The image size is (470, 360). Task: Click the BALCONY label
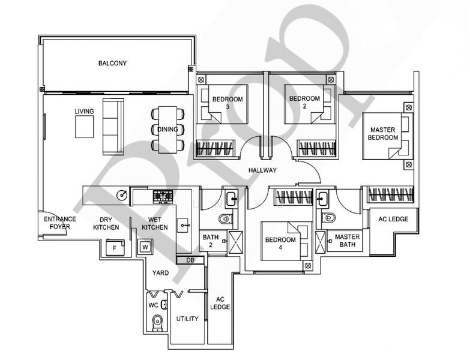(x=113, y=63)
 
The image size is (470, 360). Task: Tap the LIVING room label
(x=84, y=112)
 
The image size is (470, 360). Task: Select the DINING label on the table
(x=167, y=129)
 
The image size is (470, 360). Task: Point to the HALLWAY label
(x=264, y=171)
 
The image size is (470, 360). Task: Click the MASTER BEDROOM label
(x=384, y=133)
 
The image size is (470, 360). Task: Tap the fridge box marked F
(x=114, y=248)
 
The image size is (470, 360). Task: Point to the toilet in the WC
(x=157, y=322)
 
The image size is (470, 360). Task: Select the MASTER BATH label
(x=347, y=241)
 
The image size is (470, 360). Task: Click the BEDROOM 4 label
(x=281, y=244)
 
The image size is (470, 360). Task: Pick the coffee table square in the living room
(x=84, y=127)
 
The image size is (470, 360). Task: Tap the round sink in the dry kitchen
(x=122, y=194)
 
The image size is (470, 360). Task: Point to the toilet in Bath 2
(x=224, y=218)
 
